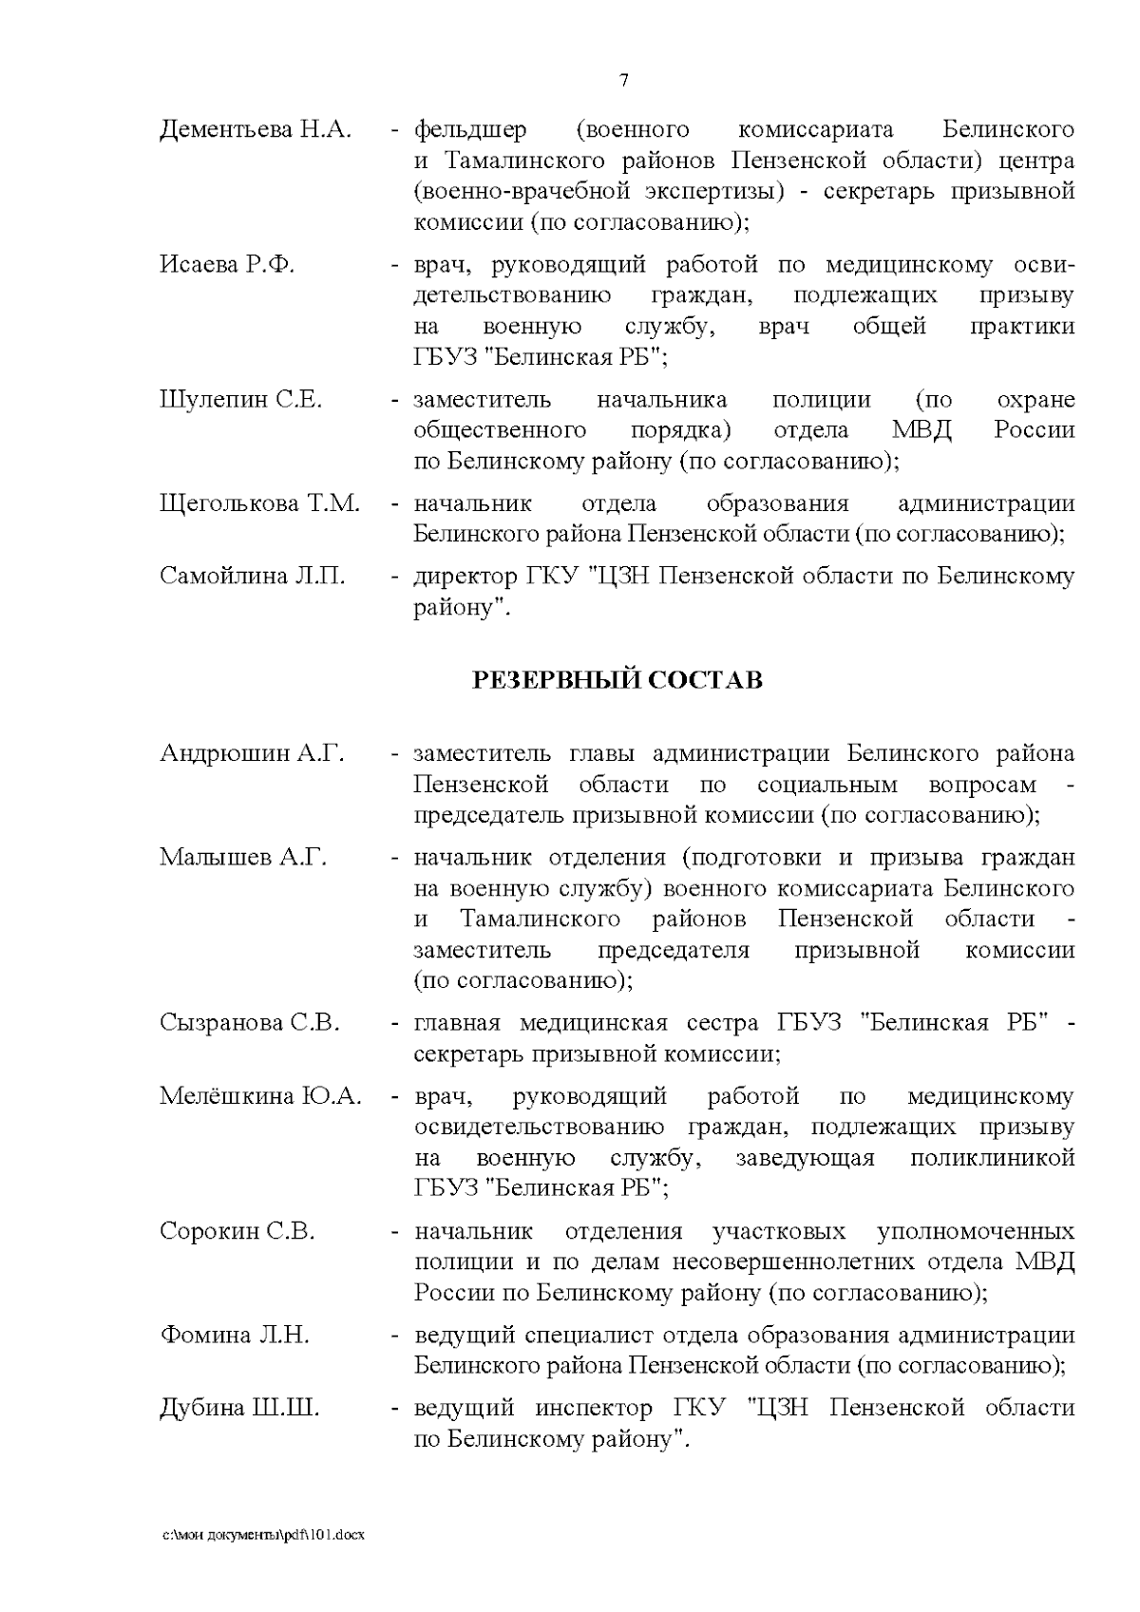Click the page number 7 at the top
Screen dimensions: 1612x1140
(623, 81)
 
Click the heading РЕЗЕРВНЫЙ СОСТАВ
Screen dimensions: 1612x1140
(617, 681)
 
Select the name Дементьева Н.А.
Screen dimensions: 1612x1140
(255, 129)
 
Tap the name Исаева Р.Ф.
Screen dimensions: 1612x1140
(227, 265)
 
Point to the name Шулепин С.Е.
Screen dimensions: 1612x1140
(240, 400)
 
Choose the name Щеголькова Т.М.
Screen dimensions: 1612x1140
(259, 503)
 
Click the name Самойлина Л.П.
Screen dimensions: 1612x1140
(253, 576)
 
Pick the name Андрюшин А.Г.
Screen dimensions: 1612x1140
(252, 753)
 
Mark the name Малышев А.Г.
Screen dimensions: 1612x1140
(242, 857)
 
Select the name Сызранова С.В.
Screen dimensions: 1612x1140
(250, 1023)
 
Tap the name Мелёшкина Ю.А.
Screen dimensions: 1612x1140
(260, 1096)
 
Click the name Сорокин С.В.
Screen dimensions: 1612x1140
(237, 1232)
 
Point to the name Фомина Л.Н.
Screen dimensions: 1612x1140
(234, 1336)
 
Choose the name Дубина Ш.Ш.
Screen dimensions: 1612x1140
(239, 1408)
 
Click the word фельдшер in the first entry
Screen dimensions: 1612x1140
(470, 129)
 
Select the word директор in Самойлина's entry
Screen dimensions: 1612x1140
(461, 576)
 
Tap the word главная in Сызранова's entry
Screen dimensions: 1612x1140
(457, 1023)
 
